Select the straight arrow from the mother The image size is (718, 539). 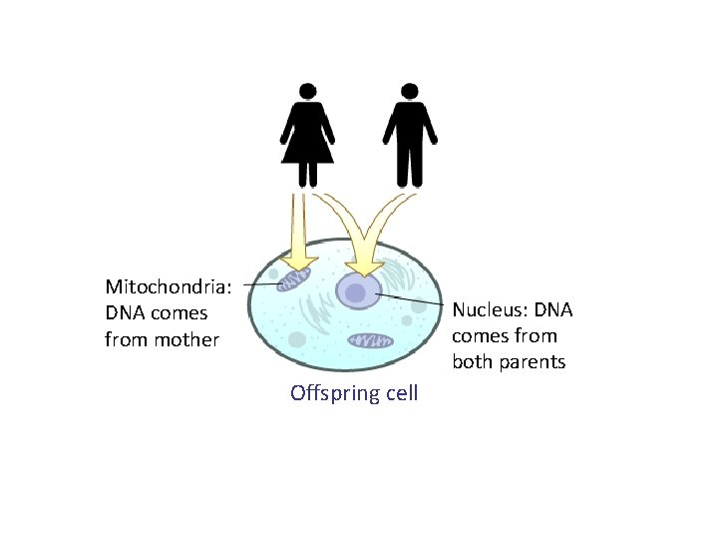tap(298, 230)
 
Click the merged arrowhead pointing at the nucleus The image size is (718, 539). tap(365, 262)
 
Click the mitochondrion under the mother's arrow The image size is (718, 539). tap(294, 278)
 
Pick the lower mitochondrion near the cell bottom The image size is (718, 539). tap(371, 341)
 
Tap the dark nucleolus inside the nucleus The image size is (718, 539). tap(354, 293)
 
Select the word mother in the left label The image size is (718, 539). tap(187, 339)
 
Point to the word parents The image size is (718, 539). tap(533, 361)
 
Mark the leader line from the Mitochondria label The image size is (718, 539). tap(260, 284)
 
